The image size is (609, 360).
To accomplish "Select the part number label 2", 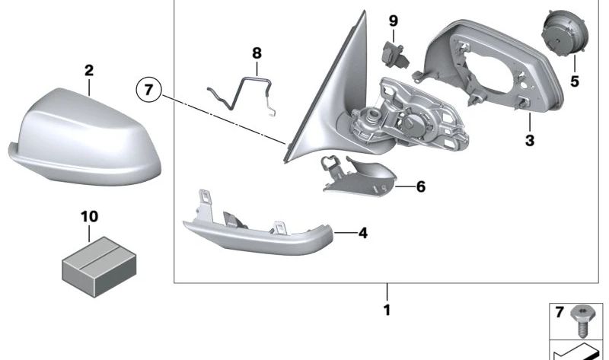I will (89, 71).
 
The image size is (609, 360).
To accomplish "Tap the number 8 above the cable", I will (257, 53).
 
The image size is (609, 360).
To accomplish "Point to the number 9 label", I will (393, 20).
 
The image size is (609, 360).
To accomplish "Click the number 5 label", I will (575, 81).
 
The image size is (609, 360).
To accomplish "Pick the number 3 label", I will (530, 141).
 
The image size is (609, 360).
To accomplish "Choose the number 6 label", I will (420, 186).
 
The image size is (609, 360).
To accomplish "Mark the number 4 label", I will (362, 233).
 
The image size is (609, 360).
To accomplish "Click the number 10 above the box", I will (89, 217).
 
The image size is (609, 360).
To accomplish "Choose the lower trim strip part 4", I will (255, 232).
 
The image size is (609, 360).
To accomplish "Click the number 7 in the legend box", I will (560, 313).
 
